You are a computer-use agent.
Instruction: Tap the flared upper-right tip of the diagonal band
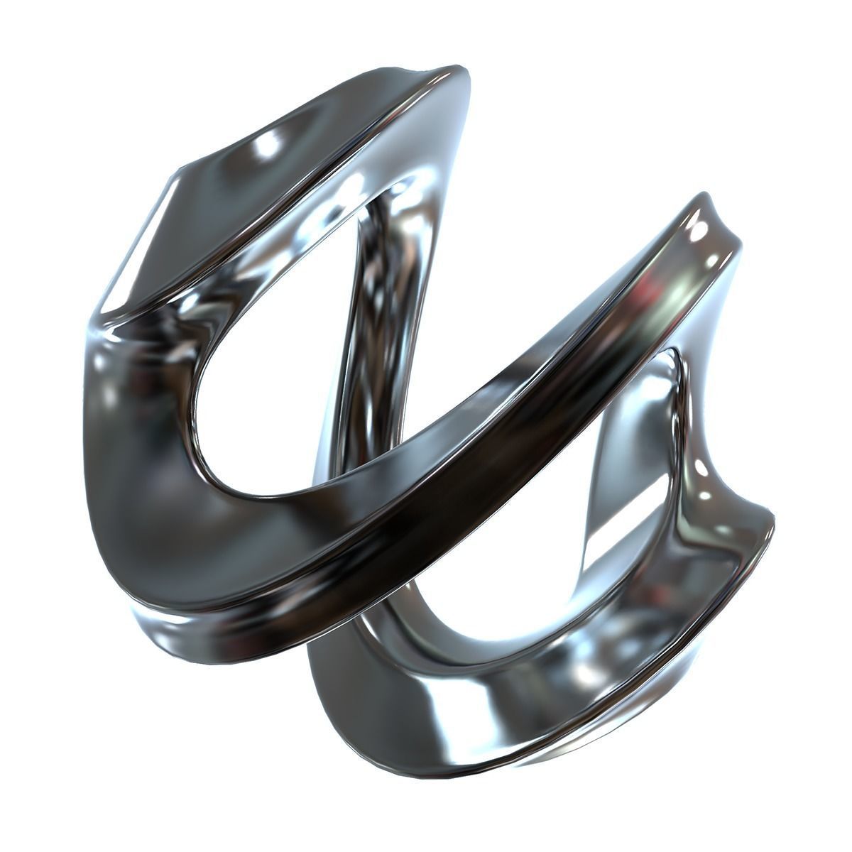(710, 206)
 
